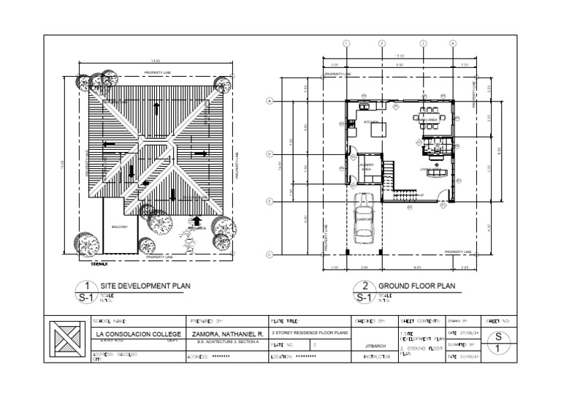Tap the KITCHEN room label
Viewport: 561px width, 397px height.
pyautogui.click(x=372, y=122)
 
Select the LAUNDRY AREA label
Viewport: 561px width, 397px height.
pyautogui.click(x=367, y=167)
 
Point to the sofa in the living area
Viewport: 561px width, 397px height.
pyautogui.click(x=437, y=173)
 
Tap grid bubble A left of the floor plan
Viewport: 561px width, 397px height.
pyautogui.click(x=270, y=101)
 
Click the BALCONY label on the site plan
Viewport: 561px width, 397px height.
pyautogui.click(x=120, y=227)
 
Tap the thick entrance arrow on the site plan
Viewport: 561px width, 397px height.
pyautogui.click(x=196, y=219)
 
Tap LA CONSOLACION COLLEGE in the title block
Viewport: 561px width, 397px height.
pyautogui.click(x=139, y=334)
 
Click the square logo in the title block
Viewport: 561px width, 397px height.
pyautogui.click(x=69, y=340)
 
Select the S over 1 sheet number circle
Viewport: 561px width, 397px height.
pyautogui.click(x=498, y=343)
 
